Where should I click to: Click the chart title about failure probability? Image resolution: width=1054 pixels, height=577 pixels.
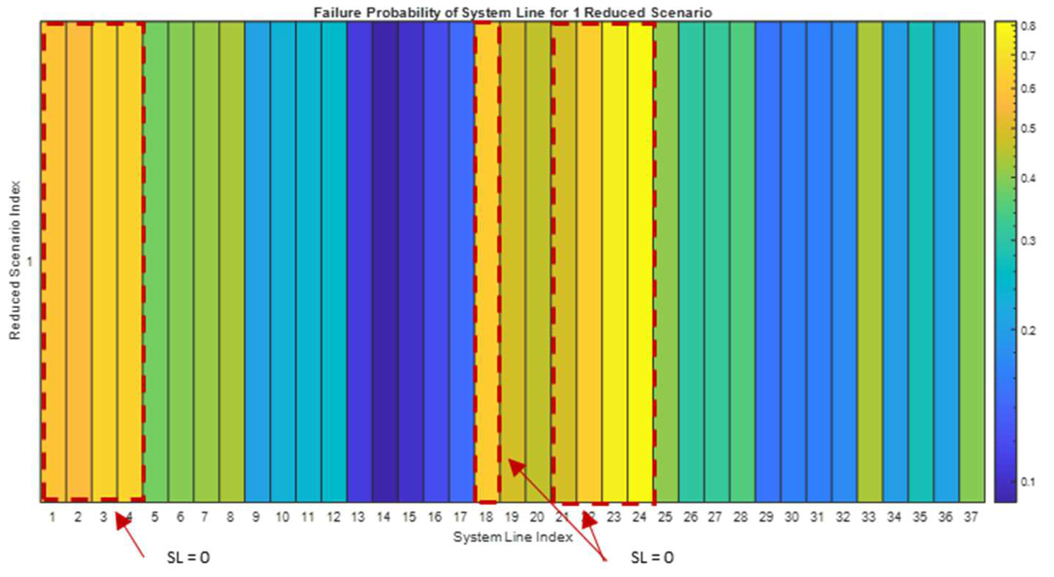[513, 13]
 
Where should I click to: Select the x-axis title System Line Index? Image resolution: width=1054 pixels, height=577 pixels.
[513, 537]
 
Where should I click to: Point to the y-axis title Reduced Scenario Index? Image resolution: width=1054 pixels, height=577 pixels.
[15, 261]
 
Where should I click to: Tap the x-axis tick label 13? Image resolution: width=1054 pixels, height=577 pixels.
[358, 517]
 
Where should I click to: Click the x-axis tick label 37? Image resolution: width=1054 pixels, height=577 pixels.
[971, 517]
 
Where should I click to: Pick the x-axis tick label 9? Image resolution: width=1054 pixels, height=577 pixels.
[256, 517]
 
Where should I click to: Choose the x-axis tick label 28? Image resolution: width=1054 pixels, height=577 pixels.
[741, 517]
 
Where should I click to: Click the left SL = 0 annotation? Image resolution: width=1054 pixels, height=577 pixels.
[188, 558]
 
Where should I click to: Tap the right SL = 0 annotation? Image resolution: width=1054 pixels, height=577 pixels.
[652, 558]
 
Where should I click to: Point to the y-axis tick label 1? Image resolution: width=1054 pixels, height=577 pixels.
[29, 261]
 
